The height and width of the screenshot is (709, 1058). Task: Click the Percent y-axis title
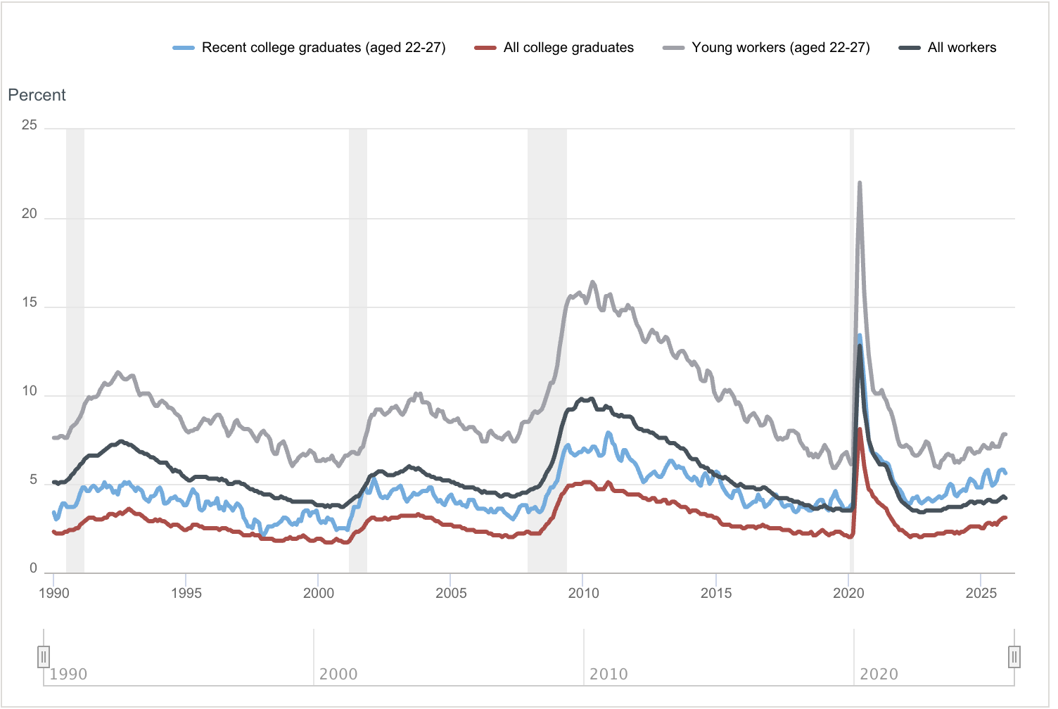pyautogui.click(x=37, y=95)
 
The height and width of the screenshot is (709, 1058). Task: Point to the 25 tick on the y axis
pyautogui.click(x=30, y=125)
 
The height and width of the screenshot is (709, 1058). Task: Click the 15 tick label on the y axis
pyautogui.click(x=30, y=303)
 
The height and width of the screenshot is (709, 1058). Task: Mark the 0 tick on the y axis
pyautogui.click(x=33, y=568)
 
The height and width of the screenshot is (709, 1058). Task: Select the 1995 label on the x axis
pyautogui.click(x=186, y=593)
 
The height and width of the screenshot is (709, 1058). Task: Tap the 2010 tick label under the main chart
pyautogui.click(x=583, y=593)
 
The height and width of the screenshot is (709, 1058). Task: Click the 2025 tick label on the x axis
pyautogui.click(x=981, y=593)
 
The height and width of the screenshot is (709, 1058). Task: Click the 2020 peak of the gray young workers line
pyautogui.click(x=860, y=184)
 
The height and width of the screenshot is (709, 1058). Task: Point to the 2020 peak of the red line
pyautogui.click(x=860, y=429)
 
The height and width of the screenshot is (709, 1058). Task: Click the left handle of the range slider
pyautogui.click(x=44, y=657)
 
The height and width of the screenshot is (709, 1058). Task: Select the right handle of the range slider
pyautogui.click(x=1014, y=657)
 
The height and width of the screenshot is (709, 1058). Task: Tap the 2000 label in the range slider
pyautogui.click(x=338, y=675)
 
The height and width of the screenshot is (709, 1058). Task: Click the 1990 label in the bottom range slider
pyautogui.click(x=68, y=675)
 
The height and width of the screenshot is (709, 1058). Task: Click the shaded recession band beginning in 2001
pyautogui.click(x=358, y=352)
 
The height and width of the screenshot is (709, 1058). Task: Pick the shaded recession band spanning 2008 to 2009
pyautogui.click(x=547, y=352)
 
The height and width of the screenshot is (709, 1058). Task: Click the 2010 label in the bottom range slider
pyautogui.click(x=608, y=675)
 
